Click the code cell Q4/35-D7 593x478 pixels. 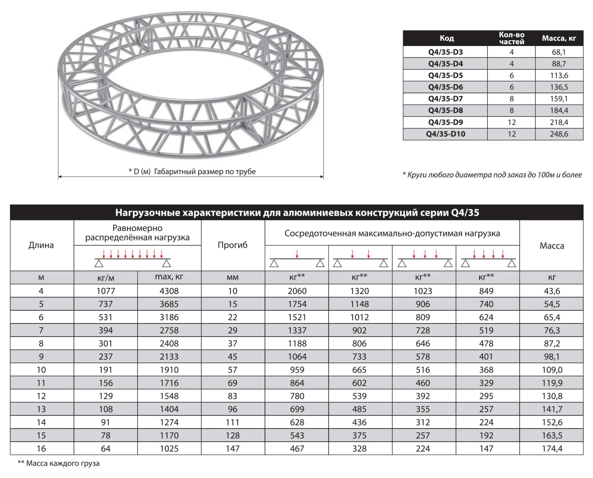tap(445, 99)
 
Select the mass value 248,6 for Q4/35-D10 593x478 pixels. tap(559, 134)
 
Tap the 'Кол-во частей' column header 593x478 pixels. tap(511, 38)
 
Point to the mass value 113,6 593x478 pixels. tap(559, 75)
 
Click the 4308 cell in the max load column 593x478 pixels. tap(169, 291)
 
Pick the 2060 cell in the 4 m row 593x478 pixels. tap(297, 291)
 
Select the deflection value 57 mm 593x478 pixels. tap(232, 370)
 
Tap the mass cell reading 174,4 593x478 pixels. tap(552, 449)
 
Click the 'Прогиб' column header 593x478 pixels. tap(232, 245)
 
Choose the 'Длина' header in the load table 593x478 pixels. tap(41, 245)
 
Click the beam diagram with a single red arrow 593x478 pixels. tap(297, 259)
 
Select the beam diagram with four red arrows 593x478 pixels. tap(488, 259)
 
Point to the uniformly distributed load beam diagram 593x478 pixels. tap(133, 259)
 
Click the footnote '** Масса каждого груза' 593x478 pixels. tap(59, 463)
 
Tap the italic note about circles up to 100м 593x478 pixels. tap(492, 175)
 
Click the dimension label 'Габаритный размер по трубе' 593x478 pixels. tap(192, 172)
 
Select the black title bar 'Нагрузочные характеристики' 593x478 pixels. tap(297, 213)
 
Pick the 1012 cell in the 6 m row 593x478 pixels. tap(359, 317)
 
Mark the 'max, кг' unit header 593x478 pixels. tap(169, 277)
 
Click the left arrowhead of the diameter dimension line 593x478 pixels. tap(60, 177)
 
